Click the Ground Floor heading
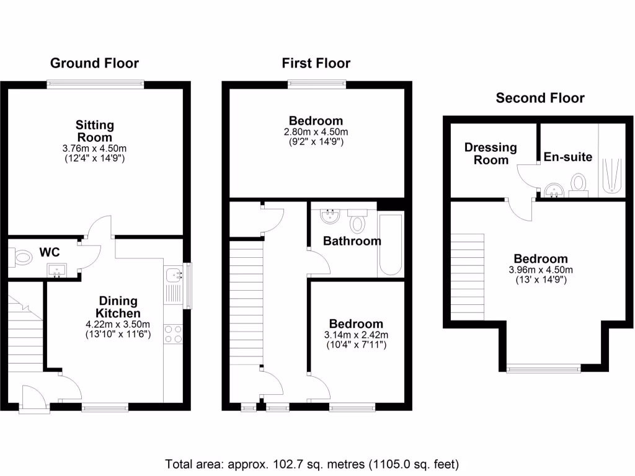coord(94,63)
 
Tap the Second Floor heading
coord(540,98)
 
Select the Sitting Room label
coord(94,131)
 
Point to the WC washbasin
coord(57,270)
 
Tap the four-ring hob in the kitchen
coord(173,334)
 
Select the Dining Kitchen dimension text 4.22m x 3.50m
coord(117,324)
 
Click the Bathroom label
coord(352,241)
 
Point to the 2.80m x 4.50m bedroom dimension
coord(316,132)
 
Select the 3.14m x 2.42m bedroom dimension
coord(356,335)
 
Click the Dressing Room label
coord(491,154)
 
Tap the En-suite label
coord(567,157)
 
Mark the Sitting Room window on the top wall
coord(95,84)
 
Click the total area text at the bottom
coord(312,464)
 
